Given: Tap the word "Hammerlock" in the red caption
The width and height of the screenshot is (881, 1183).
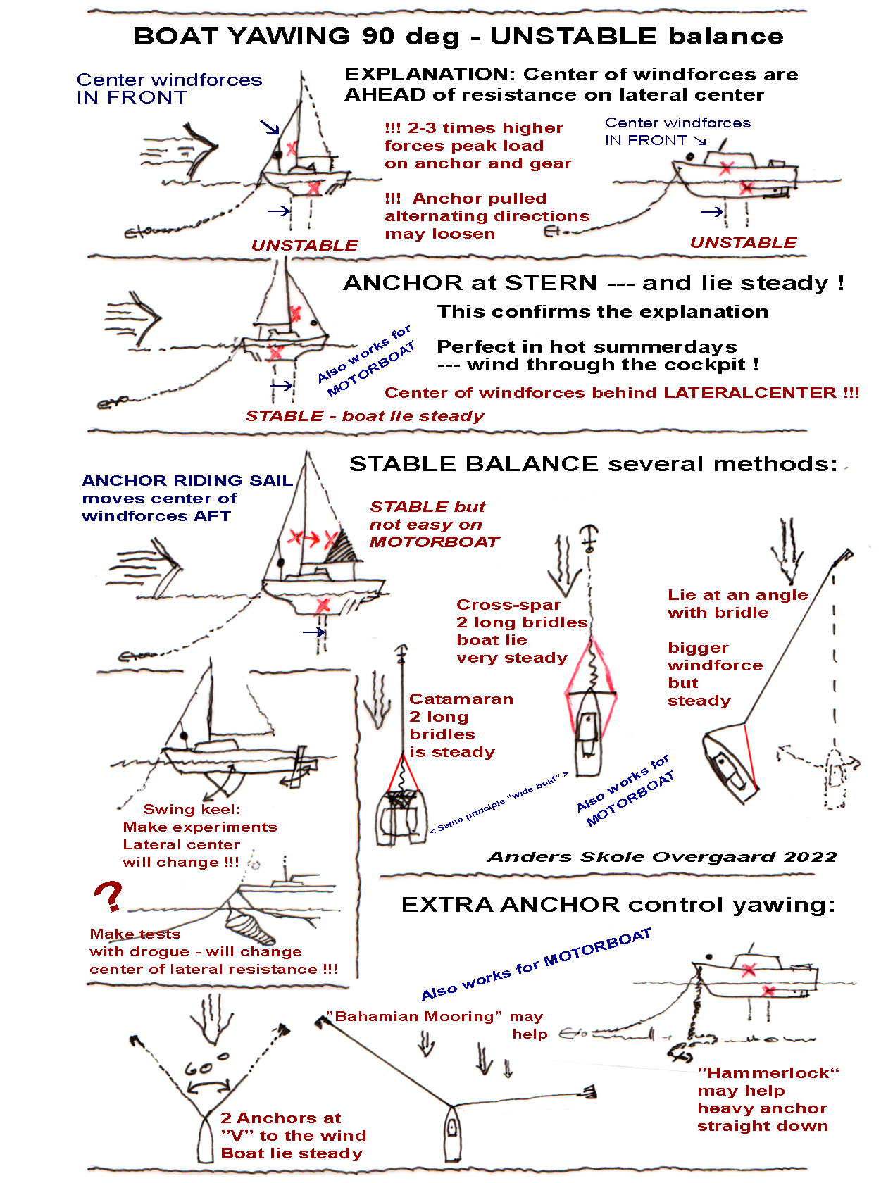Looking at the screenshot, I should [x=768, y=1072].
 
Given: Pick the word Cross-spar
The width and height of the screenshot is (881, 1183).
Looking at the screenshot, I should [x=508, y=605].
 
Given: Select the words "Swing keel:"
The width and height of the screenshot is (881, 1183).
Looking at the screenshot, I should [x=192, y=810].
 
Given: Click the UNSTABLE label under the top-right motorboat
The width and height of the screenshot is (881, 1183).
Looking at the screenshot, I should [x=743, y=243].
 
